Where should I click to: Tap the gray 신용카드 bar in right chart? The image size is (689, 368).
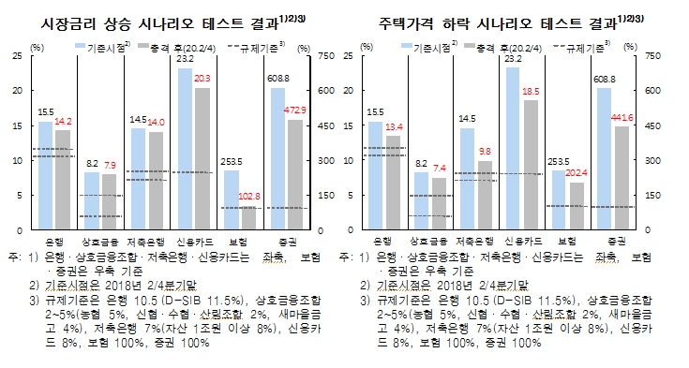click(532, 164)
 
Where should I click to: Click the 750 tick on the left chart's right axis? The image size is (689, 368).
click(332, 56)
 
